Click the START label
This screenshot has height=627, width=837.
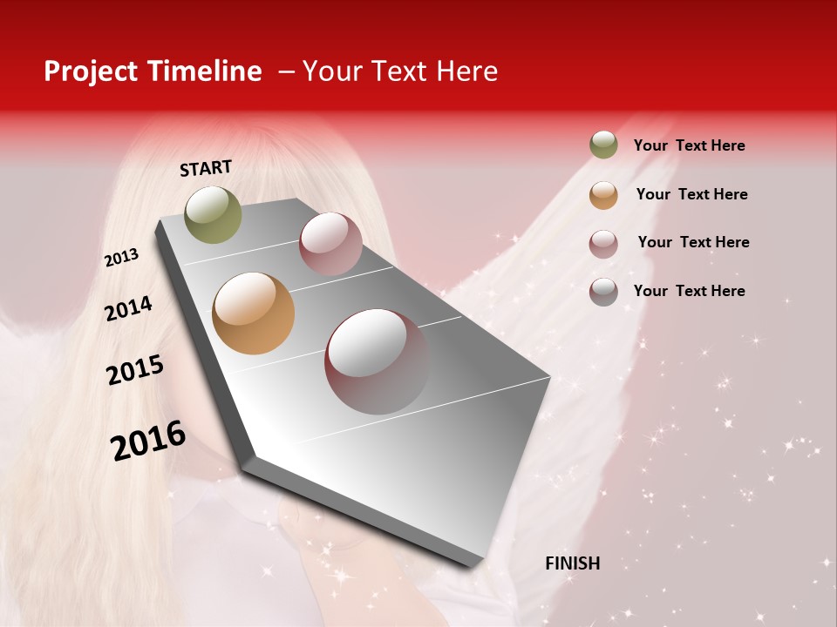pos(206,168)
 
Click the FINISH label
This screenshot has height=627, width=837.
pos(572,563)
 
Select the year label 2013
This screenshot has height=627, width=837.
pos(121,258)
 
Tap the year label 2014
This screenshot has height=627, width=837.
pos(128,308)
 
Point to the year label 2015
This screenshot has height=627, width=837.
pos(135,370)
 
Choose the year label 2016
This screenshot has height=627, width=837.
pos(148,440)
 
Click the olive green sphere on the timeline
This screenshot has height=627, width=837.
pos(213,214)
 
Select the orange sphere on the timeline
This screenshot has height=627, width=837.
pos(253,313)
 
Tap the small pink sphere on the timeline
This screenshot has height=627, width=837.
pos(330,244)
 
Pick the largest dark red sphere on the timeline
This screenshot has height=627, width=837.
pos(378,361)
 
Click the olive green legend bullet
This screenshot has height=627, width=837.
pos(603,145)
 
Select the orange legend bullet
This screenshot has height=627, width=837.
pos(603,194)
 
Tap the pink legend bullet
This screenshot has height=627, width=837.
pos(603,243)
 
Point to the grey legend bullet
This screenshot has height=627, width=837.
pos(603,292)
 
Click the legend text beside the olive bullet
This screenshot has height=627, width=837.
pos(689,145)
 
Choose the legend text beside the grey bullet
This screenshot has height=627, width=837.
pos(689,291)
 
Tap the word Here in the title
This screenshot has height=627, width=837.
pos(466,71)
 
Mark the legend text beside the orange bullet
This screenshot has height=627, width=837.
pos(691,194)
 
